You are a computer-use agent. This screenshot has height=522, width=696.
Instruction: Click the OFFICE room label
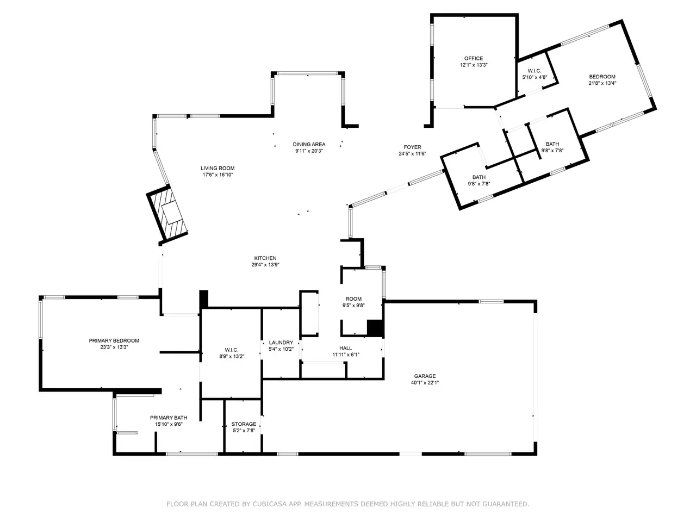click(x=474, y=58)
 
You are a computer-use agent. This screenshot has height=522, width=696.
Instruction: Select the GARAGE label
click(x=425, y=376)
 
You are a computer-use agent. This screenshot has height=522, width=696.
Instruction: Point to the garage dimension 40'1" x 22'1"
click(x=425, y=383)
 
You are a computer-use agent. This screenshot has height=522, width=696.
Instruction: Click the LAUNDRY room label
click(x=281, y=343)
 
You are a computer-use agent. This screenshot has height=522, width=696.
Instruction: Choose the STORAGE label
click(x=244, y=424)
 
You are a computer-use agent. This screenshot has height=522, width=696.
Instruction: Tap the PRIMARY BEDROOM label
click(x=114, y=340)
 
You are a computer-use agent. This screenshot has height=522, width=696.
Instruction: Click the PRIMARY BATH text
click(x=169, y=418)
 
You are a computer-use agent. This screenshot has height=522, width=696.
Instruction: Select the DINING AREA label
click(x=309, y=144)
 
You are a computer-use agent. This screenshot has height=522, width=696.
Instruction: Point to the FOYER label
click(x=412, y=147)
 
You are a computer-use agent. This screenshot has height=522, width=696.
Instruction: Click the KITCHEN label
click(x=265, y=258)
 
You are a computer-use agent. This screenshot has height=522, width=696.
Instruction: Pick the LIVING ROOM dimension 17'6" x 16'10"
click(x=217, y=175)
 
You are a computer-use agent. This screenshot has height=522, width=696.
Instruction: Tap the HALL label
click(x=346, y=348)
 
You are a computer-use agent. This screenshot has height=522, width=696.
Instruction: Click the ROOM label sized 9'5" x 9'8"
click(x=353, y=299)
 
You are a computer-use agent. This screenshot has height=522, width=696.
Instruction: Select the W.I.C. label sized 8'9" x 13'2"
click(x=232, y=350)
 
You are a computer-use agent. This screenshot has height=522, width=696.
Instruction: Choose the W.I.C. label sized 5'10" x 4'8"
click(x=535, y=71)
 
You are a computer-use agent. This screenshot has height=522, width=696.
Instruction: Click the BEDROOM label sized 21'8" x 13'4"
click(x=602, y=76)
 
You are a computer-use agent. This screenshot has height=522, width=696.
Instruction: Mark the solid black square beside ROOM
click(x=375, y=328)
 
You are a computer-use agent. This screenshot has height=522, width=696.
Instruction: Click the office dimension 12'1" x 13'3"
click(x=474, y=65)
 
